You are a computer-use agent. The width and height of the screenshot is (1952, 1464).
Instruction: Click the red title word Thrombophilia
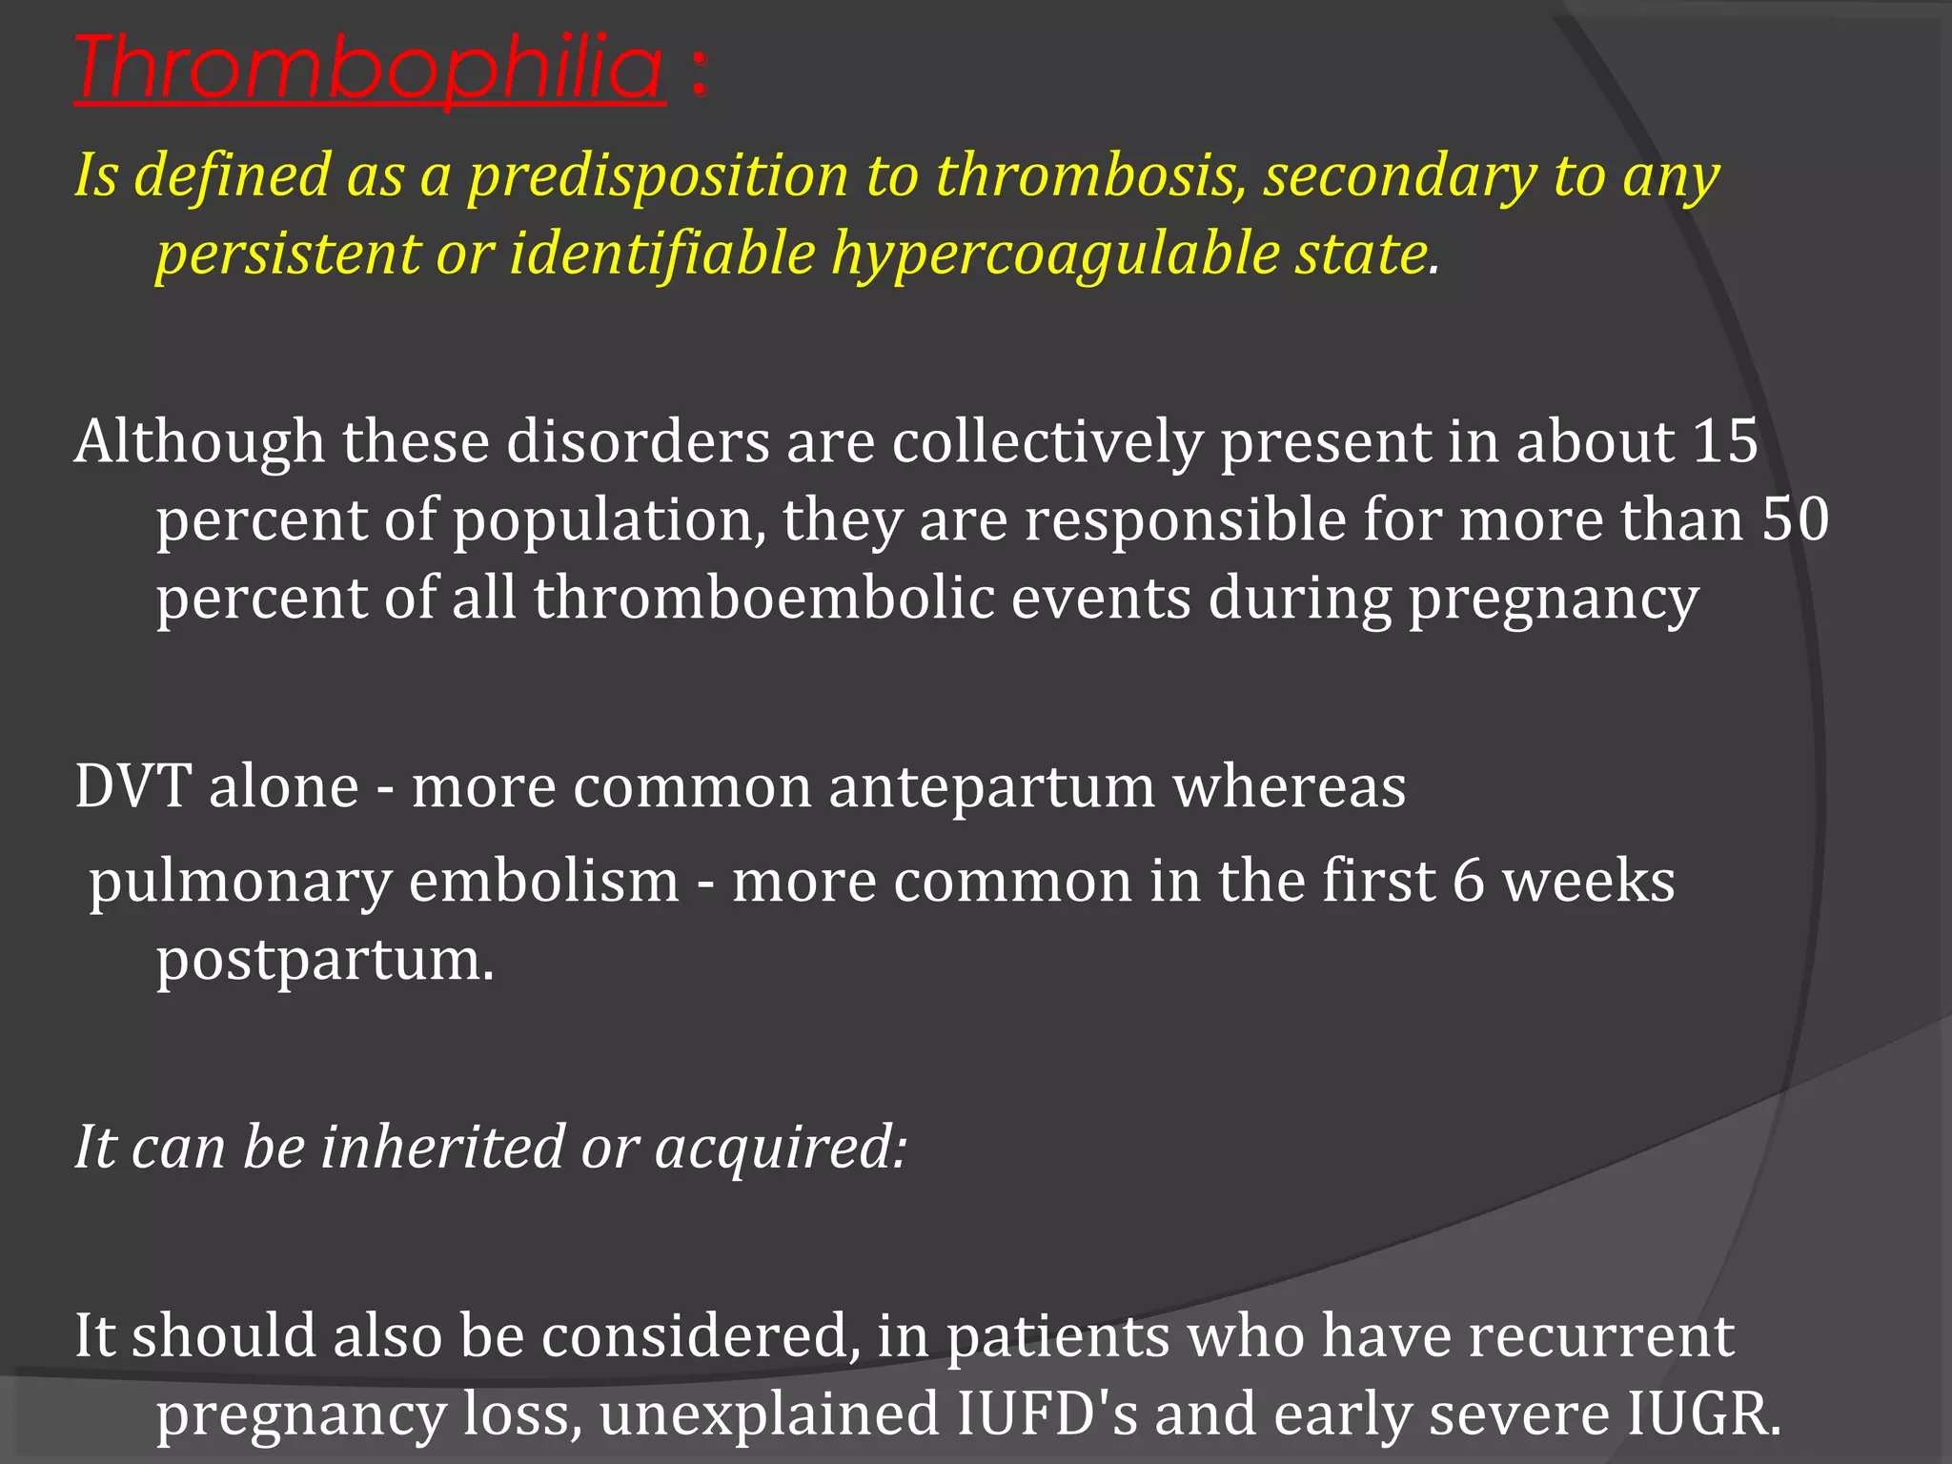click(x=370, y=69)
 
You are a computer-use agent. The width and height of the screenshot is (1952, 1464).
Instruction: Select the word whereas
click(x=1289, y=787)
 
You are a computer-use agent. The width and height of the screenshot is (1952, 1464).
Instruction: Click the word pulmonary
click(x=240, y=883)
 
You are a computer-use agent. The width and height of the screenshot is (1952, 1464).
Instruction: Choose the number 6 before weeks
click(x=1468, y=881)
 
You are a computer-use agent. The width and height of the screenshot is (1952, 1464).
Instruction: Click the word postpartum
click(x=324, y=961)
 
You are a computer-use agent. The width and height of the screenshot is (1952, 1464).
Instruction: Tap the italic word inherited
click(x=442, y=1148)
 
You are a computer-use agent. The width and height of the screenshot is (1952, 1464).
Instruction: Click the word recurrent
click(x=1600, y=1336)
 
